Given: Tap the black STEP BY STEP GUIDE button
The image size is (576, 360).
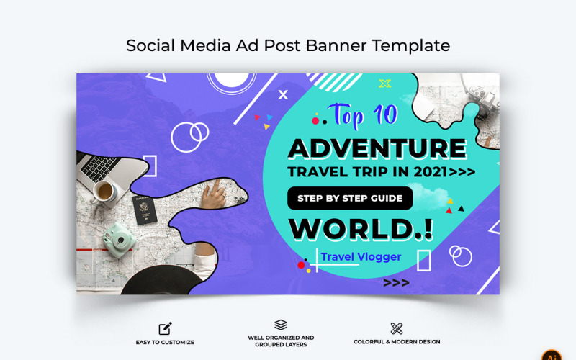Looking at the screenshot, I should point(350,198).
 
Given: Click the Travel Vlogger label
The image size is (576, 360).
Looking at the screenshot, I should point(361,256).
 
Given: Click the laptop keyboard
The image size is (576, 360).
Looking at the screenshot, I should point(94,167).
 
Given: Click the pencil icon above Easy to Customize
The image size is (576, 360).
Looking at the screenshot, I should point(165,328).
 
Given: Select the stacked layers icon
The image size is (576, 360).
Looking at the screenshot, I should point(281,325).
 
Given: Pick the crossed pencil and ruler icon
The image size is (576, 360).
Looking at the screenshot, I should point(397,328).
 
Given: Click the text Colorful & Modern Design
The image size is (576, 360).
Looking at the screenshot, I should point(397,342).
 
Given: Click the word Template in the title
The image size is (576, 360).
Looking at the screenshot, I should point(411,45).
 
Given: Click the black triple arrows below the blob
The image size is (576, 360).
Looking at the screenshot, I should point(396,282).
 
